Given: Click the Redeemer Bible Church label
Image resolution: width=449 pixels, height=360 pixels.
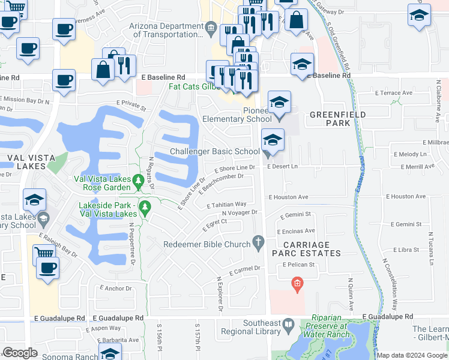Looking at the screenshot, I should click(207, 244).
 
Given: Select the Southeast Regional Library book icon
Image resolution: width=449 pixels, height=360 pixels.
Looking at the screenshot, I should click(288, 326).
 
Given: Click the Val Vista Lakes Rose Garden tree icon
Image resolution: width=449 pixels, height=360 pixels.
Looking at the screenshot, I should click(137, 179).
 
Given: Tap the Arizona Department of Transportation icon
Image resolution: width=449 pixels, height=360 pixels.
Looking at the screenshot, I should click(211, 28).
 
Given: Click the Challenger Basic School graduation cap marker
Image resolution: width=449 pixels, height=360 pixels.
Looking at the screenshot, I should click(273, 142).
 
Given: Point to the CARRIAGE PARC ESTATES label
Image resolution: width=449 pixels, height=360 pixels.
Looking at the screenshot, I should click(307, 248).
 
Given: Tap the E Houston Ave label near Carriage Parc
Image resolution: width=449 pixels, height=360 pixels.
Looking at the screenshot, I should click(288, 197).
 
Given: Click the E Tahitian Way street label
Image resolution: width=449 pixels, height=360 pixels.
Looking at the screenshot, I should click(226, 205).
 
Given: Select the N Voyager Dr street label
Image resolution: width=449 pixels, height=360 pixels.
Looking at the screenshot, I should click(240, 212).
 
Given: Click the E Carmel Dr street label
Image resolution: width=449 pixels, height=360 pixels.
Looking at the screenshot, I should click(246, 269).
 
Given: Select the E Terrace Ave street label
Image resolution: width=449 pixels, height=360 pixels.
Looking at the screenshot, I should click(394, 93).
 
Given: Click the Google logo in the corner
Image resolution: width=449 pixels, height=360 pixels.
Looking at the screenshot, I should click(20, 353).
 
